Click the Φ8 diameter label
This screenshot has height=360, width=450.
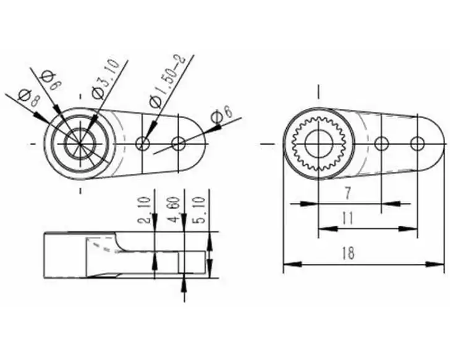(x=28, y=98)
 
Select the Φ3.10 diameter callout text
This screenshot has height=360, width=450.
(x=105, y=79)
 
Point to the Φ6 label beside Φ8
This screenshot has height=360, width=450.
(x=51, y=80)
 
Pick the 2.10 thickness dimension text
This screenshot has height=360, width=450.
(x=145, y=210)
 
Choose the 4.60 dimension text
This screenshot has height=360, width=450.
(x=174, y=210)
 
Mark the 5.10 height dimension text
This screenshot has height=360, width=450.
(x=200, y=210)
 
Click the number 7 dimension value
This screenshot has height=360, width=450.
(x=347, y=193)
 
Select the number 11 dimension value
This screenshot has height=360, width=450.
(x=348, y=218)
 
